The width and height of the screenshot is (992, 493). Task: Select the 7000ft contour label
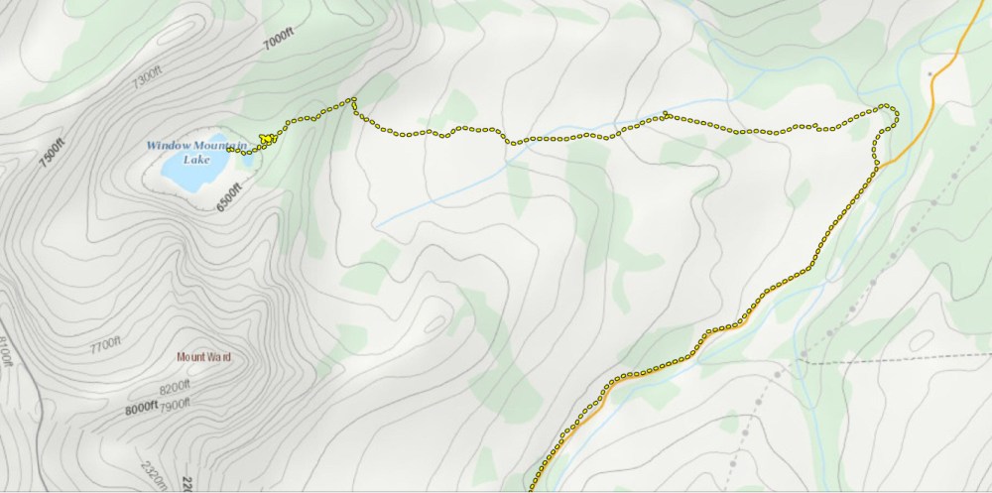point(280,38)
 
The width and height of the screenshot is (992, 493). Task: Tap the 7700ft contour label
point(104,347)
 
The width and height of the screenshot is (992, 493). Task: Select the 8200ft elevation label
point(174,386)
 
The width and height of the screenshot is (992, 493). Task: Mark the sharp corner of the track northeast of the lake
point(352,99)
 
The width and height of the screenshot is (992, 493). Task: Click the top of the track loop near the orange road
point(886,105)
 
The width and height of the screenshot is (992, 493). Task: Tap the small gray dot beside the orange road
point(930,73)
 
